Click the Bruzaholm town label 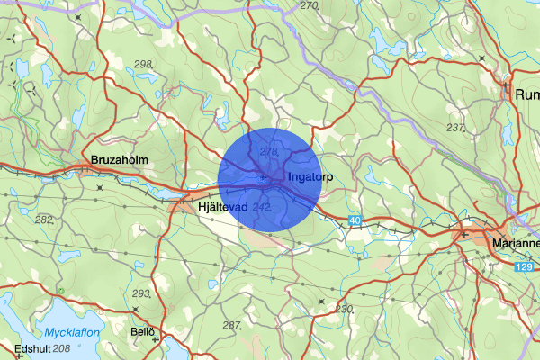pos(119,161)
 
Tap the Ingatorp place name pos(311,177)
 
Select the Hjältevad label pos(221,207)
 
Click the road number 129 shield pos(525,268)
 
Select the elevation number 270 pos(310,6)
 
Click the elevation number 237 pos(455,127)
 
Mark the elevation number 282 pos(44,220)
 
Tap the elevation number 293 pos(142,294)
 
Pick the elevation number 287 pos(232,324)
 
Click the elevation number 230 pos(344,308)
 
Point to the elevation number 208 pos(61,348)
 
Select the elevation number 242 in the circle pos(263,207)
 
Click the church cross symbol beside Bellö pos(156,340)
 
